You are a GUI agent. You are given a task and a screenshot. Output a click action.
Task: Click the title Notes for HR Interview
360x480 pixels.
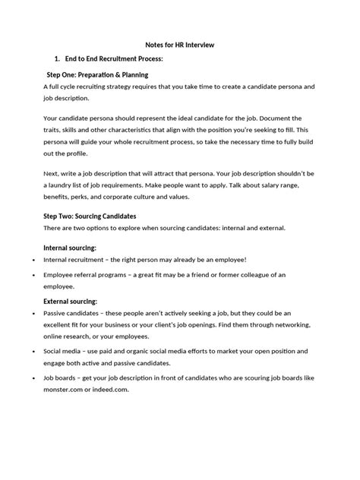tap(180, 45)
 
